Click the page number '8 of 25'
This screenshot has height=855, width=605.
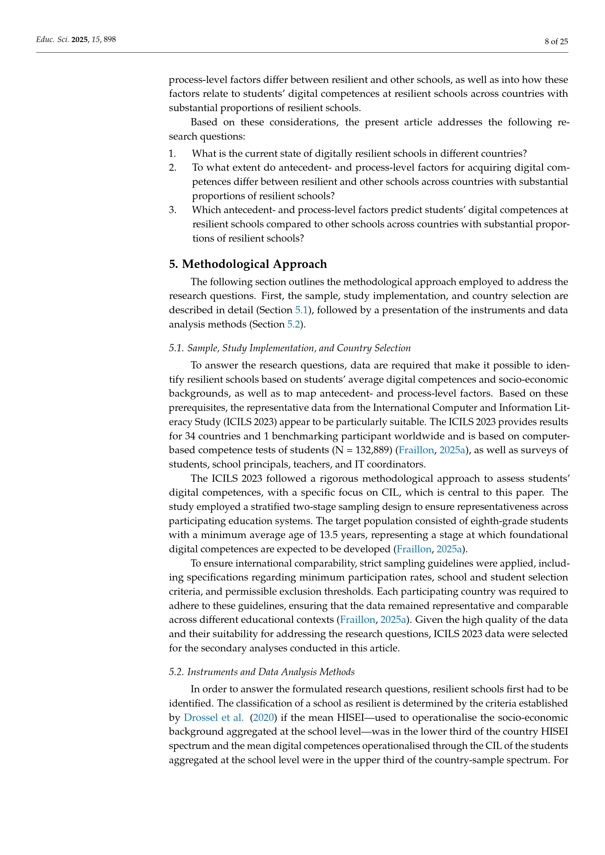tap(556, 41)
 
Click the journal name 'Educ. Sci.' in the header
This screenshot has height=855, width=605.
tap(53, 39)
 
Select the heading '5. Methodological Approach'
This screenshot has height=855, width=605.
tap(248, 264)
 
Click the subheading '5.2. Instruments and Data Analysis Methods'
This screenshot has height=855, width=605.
tap(262, 672)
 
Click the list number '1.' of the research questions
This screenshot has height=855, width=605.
tap(172, 154)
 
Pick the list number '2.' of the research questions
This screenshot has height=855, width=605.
tap(172, 167)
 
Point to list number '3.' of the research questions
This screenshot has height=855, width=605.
tap(172, 210)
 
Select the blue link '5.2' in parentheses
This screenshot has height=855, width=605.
tap(293, 324)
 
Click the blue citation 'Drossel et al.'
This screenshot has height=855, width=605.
tap(214, 717)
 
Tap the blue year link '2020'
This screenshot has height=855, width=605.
tap(263, 717)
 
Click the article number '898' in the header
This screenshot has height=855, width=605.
tap(109, 39)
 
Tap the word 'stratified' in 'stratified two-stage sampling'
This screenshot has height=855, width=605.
tap(267, 506)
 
